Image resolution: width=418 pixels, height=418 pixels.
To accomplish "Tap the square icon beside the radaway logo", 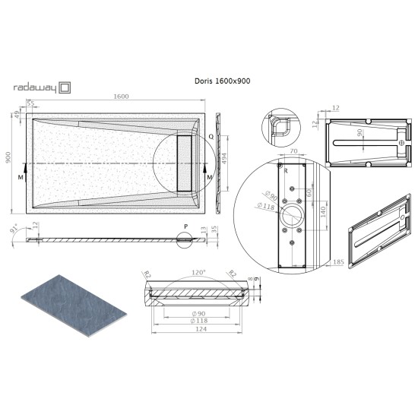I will pos(65,87).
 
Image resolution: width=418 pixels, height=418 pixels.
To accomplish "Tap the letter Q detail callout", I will pos(211,138).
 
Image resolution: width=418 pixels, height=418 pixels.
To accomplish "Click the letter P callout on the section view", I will pos(186,226).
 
